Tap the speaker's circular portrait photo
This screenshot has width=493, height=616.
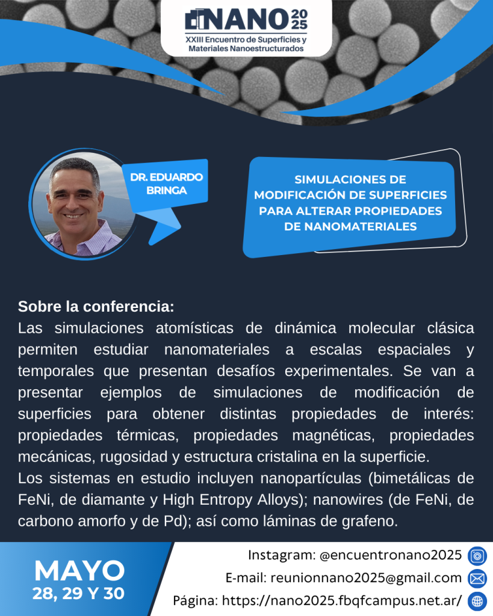click(x=84, y=204)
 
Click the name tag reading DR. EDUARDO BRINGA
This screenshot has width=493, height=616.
click(x=166, y=183)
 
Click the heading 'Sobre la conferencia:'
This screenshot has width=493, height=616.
click(x=96, y=306)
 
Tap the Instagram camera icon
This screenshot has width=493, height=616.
click(x=477, y=556)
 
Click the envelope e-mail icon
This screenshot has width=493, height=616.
click(x=477, y=578)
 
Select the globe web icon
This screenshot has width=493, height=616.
click(x=477, y=601)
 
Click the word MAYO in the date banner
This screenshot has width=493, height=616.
click(x=79, y=570)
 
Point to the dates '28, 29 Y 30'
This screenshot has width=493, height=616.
click(x=78, y=593)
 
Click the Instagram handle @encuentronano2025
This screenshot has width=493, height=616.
click(x=391, y=555)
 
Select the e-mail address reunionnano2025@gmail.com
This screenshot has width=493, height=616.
click(x=366, y=578)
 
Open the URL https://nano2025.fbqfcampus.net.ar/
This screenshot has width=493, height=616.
click(x=342, y=601)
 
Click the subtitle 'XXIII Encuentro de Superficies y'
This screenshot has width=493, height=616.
click(x=246, y=40)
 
